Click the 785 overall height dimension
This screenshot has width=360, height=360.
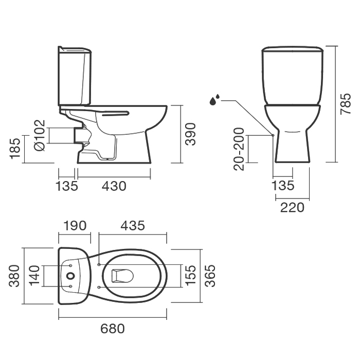click(x=346, y=104)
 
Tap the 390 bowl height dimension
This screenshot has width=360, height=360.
click(x=190, y=134)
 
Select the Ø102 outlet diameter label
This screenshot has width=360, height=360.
click(x=40, y=135)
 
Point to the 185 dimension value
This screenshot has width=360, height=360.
click(x=15, y=149)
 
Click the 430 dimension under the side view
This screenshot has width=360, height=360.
click(x=114, y=186)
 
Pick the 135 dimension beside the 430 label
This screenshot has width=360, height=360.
click(x=67, y=186)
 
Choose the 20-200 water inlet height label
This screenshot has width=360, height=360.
click(x=239, y=149)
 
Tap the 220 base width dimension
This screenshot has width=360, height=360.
click(x=292, y=207)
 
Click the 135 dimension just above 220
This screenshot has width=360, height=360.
click(x=283, y=186)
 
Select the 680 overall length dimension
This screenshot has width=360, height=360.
click(x=113, y=329)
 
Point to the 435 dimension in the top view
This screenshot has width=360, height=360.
click(x=133, y=226)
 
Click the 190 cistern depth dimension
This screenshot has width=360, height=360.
click(x=75, y=226)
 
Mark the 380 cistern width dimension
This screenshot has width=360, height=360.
click(x=14, y=276)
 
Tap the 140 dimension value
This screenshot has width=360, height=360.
click(x=35, y=276)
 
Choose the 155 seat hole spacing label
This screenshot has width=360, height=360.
click(x=190, y=276)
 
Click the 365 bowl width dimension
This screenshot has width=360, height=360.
click(x=210, y=276)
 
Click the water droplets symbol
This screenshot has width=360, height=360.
click(x=214, y=100)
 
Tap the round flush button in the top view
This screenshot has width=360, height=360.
click(x=71, y=276)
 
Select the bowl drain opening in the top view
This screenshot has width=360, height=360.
click(x=122, y=276)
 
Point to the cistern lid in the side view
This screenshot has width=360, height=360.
click(x=75, y=49)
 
